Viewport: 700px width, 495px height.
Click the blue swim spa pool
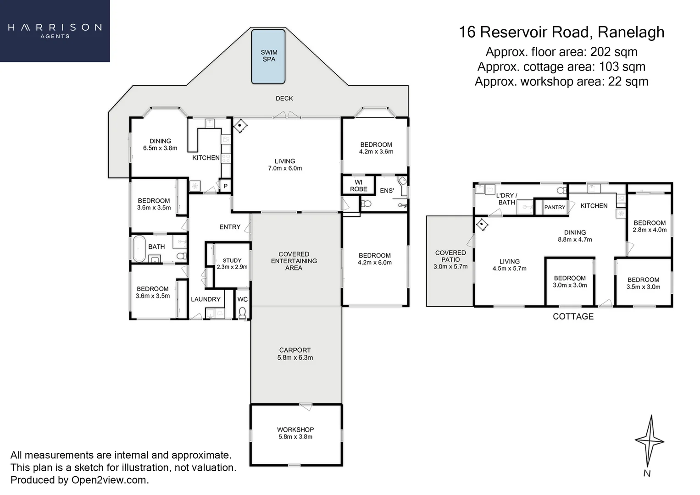[268, 56]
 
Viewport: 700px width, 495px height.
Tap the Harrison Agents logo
[55, 31]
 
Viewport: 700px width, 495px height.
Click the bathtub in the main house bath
[139, 248]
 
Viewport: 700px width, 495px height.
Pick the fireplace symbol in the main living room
[240, 126]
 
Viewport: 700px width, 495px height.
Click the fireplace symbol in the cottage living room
[482, 224]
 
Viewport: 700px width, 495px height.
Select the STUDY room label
[232, 260]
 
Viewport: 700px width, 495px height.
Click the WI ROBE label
[358, 186]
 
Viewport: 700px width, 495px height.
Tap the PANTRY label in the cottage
[555, 207]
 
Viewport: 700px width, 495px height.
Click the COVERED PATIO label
[450, 256]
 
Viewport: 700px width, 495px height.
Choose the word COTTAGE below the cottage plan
[573, 316]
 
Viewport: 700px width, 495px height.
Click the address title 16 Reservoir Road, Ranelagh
[561, 32]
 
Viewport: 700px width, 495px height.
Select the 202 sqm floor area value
[614, 52]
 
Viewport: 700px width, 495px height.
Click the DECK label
[284, 99]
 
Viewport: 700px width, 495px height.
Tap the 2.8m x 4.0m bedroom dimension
[650, 230]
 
